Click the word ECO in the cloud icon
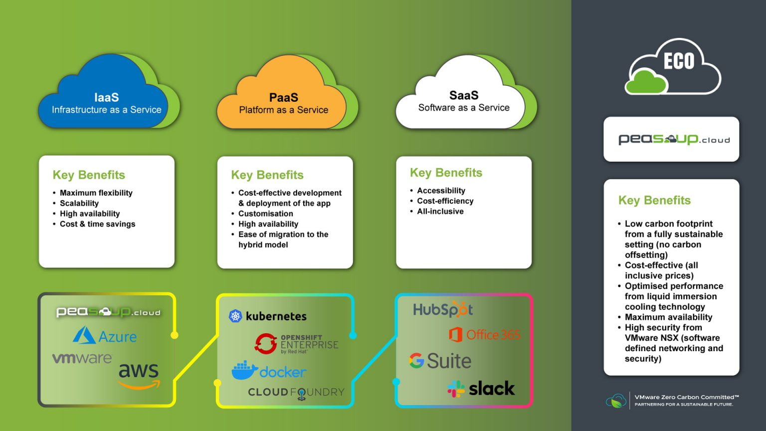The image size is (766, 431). pos(679,61)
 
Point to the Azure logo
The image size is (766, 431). pos(105,336)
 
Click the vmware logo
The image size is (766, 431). pos(82,358)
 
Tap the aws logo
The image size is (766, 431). pos(139,375)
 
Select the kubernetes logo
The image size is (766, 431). pos(268,316)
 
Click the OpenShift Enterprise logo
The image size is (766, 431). pos(296,344)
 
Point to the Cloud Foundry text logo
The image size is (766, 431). pos(296,393)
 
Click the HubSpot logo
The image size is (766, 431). pos(443,310)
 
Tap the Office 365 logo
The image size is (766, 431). pos(484,334)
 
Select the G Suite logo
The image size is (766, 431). pos(440,361)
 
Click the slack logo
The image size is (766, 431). pos(481,389)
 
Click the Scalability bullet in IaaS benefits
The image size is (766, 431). pos(79,203)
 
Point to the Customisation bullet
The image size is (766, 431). pos(265,214)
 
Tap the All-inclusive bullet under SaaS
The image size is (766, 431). pos(440,212)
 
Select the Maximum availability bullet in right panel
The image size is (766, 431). pos(668,317)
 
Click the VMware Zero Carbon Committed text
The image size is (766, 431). pos(686,398)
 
